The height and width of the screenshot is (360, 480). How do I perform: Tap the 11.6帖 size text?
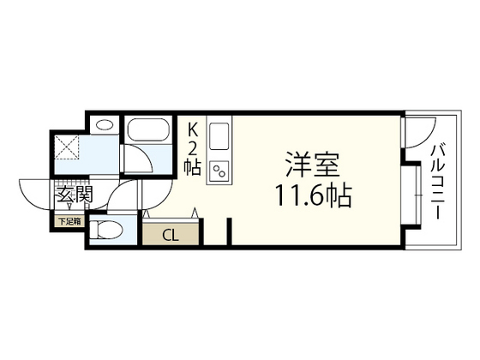[x=312, y=195]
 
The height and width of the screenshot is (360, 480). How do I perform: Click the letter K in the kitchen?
[x=193, y=129]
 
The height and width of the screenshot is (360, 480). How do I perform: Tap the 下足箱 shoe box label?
[x=69, y=222]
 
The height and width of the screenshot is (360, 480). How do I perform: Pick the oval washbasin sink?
[x=104, y=125]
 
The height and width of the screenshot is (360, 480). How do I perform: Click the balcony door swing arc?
[x=418, y=137]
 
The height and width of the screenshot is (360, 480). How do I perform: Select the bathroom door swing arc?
[x=137, y=159]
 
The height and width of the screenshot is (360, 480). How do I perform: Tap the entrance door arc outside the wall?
[x=34, y=193]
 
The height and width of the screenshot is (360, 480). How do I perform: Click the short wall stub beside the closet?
[x=230, y=231]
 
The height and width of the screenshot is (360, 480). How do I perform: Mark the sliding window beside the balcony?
[x=417, y=196]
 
